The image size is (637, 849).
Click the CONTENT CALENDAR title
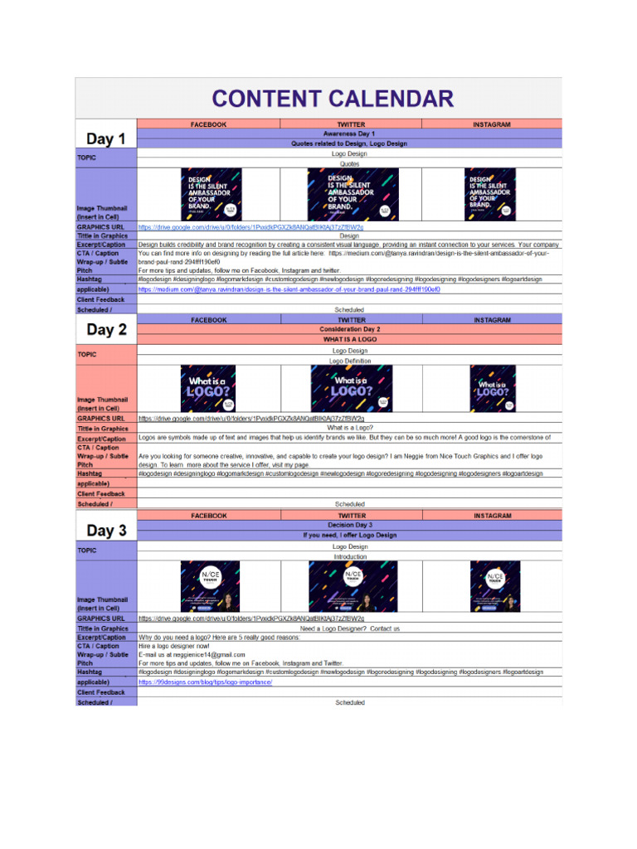(x=333, y=99)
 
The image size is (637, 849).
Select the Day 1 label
(x=106, y=138)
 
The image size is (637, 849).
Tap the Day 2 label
(x=106, y=329)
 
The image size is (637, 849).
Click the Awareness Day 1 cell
(x=349, y=133)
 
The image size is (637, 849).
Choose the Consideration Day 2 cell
(x=349, y=329)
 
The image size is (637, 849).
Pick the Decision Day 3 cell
(x=349, y=525)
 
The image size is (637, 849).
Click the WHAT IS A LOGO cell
(x=349, y=339)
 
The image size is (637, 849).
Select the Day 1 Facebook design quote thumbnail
(x=211, y=194)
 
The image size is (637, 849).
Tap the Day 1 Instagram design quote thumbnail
(x=489, y=194)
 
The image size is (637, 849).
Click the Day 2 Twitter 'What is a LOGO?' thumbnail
(x=351, y=388)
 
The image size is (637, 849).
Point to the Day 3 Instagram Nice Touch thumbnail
(x=494, y=586)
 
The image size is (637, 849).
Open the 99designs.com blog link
(x=205, y=682)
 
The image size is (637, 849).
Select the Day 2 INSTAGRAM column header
(x=492, y=320)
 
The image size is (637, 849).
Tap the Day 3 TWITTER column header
(x=351, y=516)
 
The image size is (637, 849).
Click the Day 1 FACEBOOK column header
(x=208, y=124)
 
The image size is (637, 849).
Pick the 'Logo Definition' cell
(x=349, y=361)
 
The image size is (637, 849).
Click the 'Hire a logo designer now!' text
(x=174, y=646)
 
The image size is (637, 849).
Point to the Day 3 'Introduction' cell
(x=349, y=557)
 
